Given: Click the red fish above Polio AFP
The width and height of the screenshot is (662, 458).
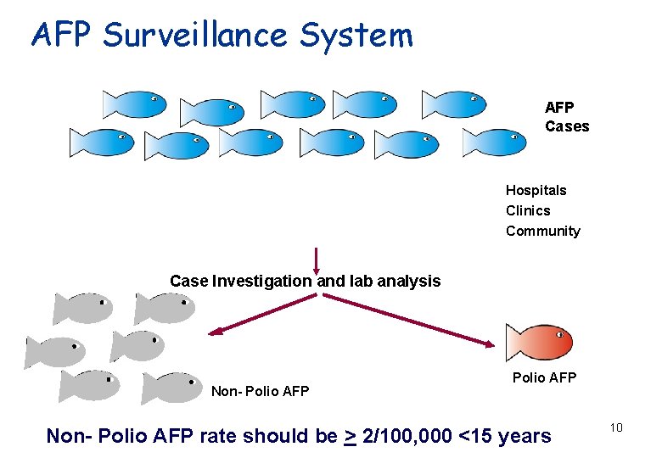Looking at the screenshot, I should [538, 343].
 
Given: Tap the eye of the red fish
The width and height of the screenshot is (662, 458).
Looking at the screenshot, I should [560, 335].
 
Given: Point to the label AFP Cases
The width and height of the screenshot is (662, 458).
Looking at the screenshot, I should [566, 116].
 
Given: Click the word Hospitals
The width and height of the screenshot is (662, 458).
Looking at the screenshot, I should [536, 190].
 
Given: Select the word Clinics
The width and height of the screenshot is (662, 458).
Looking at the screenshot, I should [528, 210].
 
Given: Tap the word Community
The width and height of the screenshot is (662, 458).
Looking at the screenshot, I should [543, 231].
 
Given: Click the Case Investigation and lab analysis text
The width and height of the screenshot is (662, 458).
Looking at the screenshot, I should [305, 281].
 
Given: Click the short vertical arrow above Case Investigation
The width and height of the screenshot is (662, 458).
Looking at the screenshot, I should [316, 261].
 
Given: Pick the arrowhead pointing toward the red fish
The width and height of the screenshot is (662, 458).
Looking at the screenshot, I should [491, 343].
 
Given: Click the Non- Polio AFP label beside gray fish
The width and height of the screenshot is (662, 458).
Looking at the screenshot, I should [260, 391].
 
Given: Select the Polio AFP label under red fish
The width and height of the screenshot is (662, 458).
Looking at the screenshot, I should [544, 377].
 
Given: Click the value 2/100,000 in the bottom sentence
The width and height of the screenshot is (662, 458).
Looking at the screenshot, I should [407, 436].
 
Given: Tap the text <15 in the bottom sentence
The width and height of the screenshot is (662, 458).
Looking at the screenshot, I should [473, 436].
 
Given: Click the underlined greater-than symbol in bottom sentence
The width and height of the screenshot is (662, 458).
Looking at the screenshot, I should [350, 436].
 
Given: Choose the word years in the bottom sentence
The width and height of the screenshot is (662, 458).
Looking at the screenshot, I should [522, 436].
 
